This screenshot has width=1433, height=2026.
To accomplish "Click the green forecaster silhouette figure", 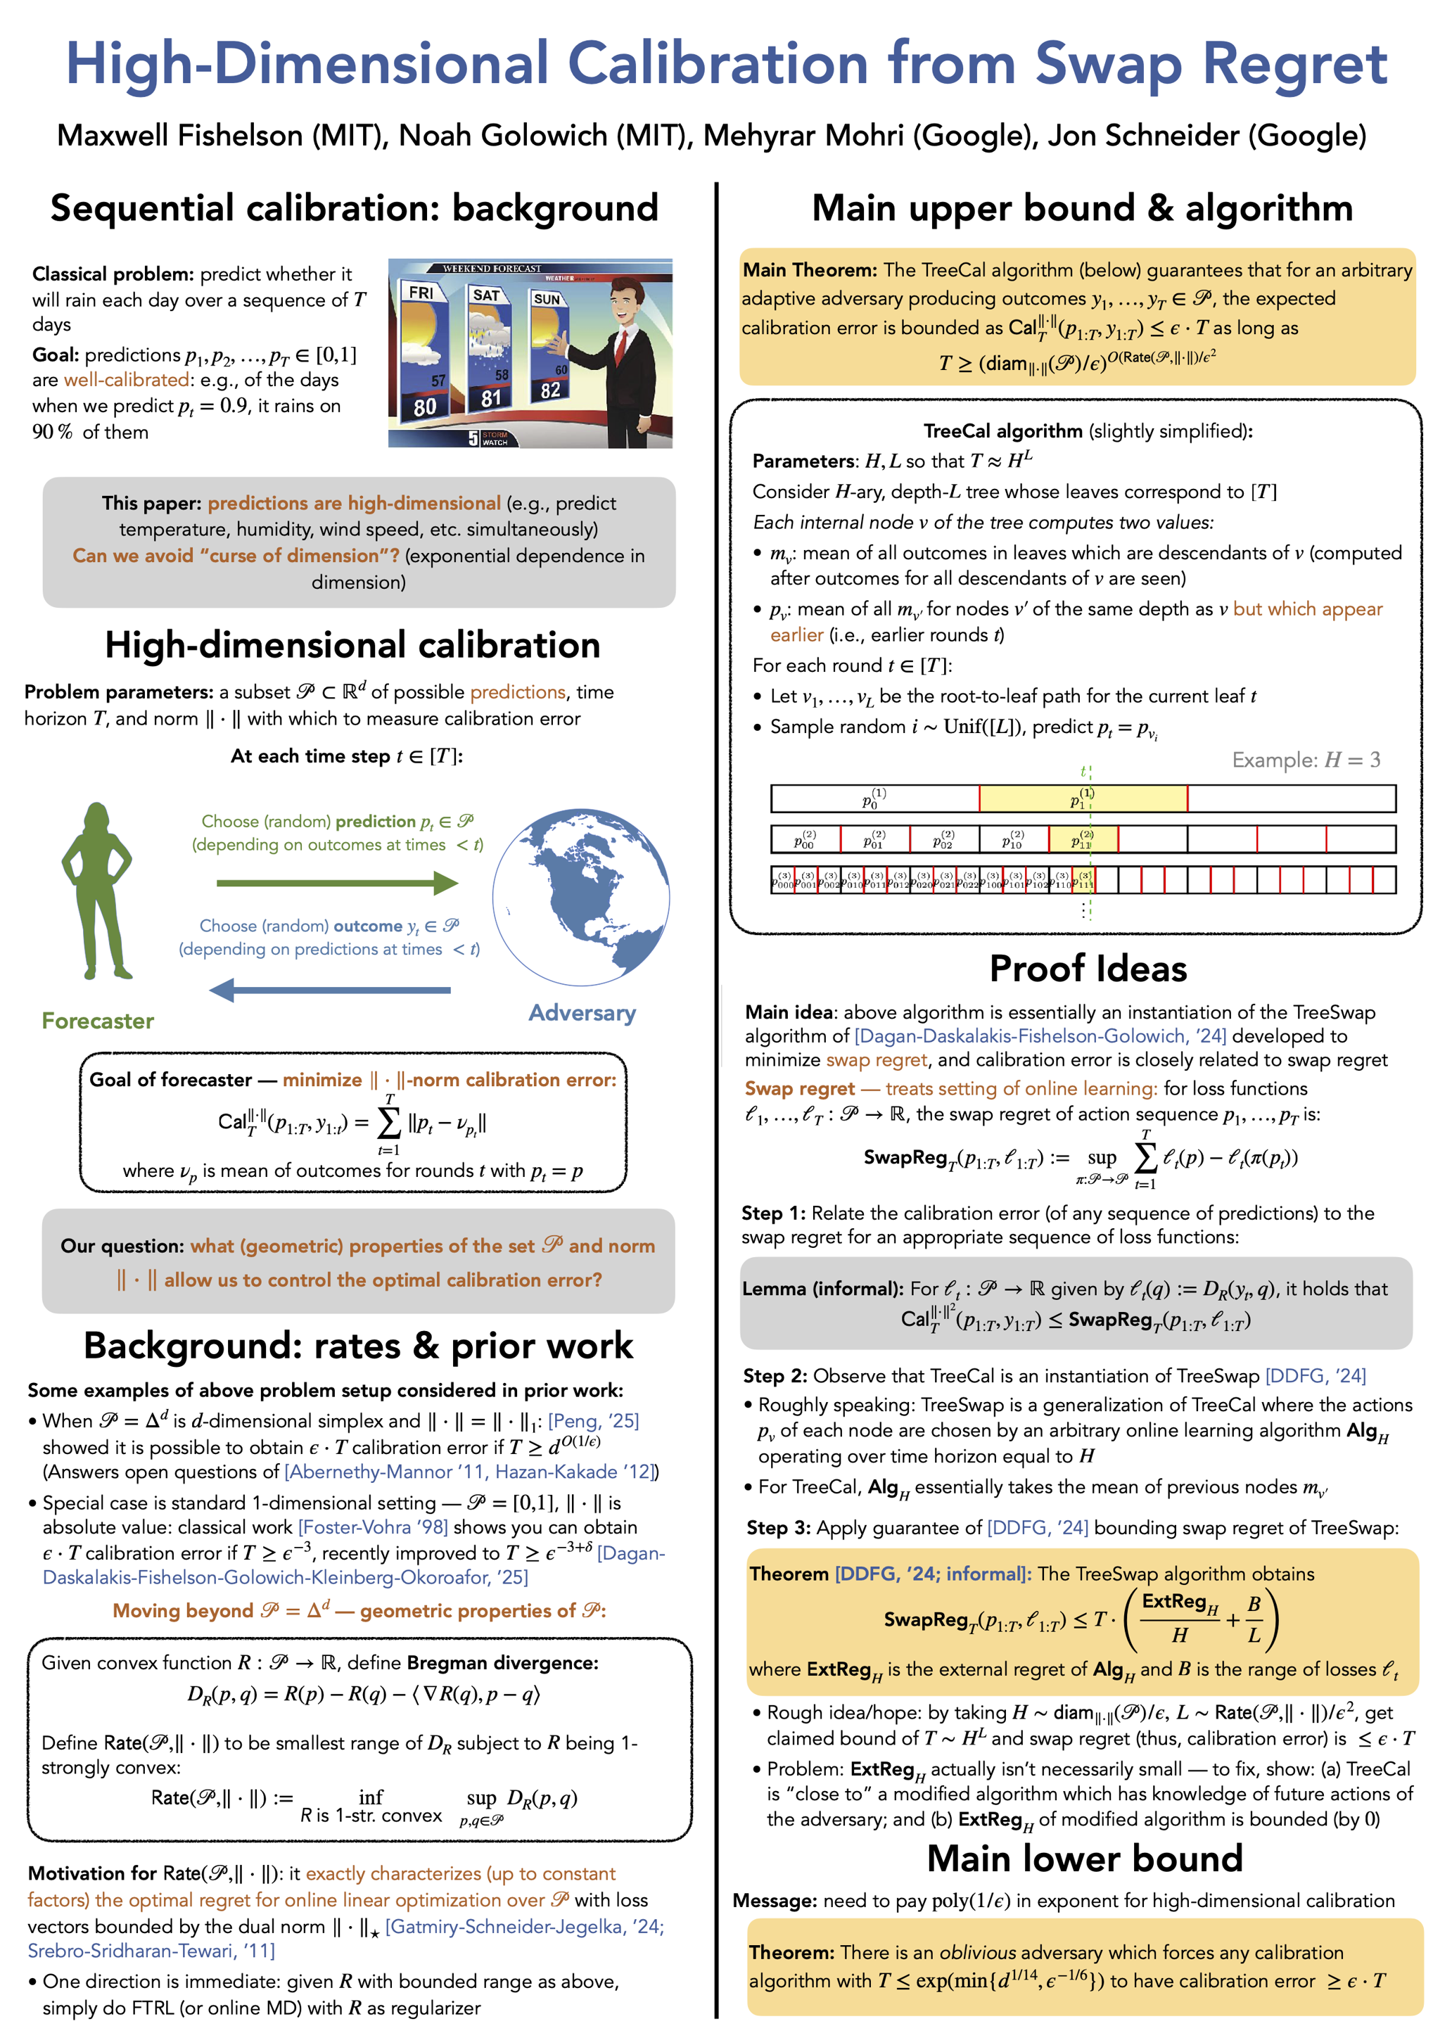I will point(97,891).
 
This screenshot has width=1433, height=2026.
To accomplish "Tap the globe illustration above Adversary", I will point(580,896).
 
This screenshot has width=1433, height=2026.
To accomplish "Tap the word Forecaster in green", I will point(98,1021).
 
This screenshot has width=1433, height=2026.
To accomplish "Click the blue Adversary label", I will point(582,1013).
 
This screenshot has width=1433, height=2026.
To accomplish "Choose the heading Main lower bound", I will point(1085,1859).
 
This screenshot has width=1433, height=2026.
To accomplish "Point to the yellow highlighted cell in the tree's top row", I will point(1083,798).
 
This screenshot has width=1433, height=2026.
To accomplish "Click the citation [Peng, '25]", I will point(593,1421).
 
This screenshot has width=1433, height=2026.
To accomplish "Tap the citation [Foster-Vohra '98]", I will point(372,1527).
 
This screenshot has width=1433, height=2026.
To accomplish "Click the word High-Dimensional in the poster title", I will point(307,63).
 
